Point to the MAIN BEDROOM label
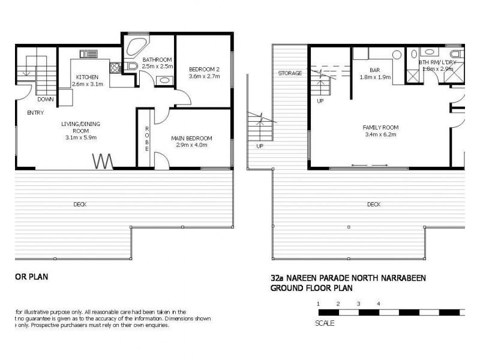tap(191, 138)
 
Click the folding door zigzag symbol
tap(103, 161)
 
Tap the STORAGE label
tap(290, 73)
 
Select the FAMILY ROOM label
tap(380, 127)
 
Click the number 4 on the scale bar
tap(378, 304)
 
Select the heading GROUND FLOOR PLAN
tap(311, 288)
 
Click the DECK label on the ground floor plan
tap(374, 205)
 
